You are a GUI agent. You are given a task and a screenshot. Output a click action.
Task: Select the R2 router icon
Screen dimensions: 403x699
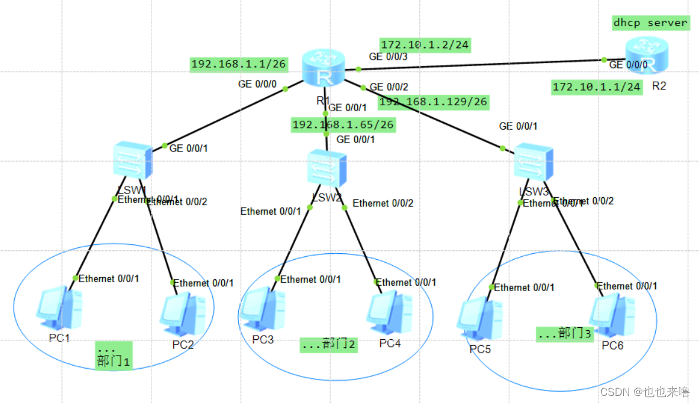tap(647, 56)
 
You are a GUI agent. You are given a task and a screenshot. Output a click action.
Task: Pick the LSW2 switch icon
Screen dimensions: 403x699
tap(326, 169)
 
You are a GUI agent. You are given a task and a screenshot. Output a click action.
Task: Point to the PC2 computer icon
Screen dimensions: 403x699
tap(183, 314)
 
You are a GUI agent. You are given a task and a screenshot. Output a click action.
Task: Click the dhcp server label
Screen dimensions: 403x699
tap(651, 22)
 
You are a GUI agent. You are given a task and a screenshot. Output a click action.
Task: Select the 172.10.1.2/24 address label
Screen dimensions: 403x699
tap(425, 45)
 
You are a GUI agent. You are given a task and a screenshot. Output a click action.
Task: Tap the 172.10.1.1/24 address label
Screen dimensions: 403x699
tap(597, 87)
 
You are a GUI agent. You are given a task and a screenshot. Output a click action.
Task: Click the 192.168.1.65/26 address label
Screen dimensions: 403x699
tap(344, 125)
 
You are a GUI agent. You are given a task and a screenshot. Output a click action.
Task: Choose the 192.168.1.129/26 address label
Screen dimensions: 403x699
tap(433, 102)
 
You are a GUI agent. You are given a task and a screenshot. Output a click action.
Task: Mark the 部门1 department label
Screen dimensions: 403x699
tap(114, 356)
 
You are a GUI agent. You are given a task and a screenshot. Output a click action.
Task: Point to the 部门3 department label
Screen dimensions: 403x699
tap(565, 334)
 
